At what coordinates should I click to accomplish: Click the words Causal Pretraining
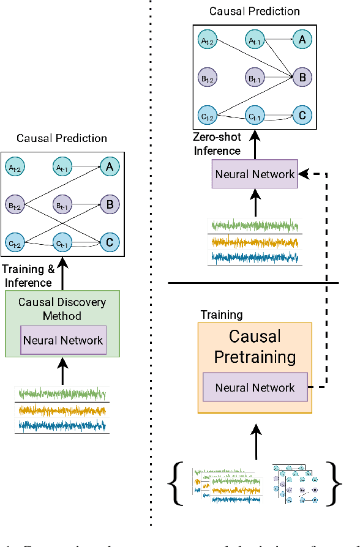pos(255,347)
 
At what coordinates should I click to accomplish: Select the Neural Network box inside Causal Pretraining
pos(255,387)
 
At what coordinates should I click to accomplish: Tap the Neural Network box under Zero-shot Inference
pos(255,174)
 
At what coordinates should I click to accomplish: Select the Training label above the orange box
pos(221,314)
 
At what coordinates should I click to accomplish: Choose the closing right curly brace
pos(335,483)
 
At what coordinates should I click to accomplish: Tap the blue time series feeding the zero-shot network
pos(255,257)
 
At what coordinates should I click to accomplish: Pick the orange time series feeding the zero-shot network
pos(255,242)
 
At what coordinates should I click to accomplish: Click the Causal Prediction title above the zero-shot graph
pos(255,11)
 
